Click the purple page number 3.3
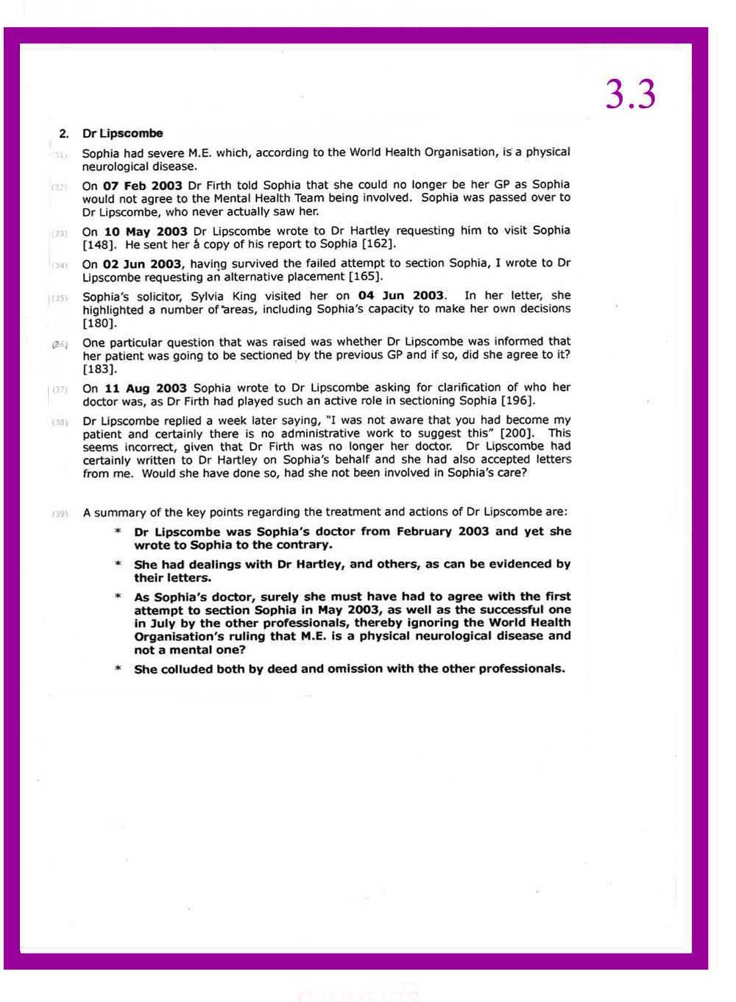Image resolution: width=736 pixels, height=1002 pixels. [x=630, y=94]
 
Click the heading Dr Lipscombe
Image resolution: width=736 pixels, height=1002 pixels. [x=122, y=133]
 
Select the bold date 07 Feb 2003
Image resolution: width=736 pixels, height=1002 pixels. [x=142, y=185]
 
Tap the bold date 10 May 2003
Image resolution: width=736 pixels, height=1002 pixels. [x=145, y=231]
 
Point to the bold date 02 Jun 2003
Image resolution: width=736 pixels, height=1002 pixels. [x=144, y=264]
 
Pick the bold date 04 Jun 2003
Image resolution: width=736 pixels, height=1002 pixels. [x=401, y=295]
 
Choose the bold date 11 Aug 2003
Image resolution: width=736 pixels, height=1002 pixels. [x=145, y=388]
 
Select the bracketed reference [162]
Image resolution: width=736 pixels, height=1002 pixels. [x=378, y=244]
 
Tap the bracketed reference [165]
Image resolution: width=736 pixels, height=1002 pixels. [x=365, y=277]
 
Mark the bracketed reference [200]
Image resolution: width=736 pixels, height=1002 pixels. [x=517, y=433]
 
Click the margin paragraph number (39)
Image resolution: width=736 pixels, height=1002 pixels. [x=60, y=513]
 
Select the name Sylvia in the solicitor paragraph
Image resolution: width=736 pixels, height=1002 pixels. [x=208, y=296]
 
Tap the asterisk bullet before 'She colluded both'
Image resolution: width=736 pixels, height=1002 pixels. [x=118, y=669]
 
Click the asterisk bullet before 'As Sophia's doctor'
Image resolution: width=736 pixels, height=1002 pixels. [x=118, y=597]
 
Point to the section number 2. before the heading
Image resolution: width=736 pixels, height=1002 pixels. [x=64, y=133]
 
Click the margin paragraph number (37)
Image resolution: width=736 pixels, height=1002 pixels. [x=60, y=389]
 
